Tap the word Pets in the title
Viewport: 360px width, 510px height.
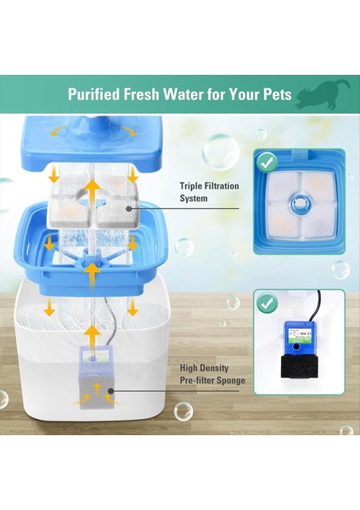click(x=278, y=94)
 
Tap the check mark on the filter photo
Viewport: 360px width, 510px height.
click(x=266, y=161)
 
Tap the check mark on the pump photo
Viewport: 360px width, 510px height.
click(x=267, y=302)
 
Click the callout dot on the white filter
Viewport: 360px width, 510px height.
click(x=127, y=207)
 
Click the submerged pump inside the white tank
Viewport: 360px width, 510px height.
click(x=96, y=374)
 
